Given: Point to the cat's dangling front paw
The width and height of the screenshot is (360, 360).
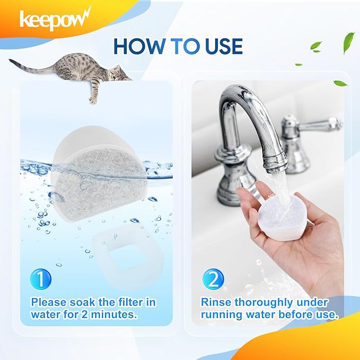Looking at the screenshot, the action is pyautogui.click(x=93, y=100).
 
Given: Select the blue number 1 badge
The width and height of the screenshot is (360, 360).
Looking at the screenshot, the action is pyautogui.click(x=41, y=279).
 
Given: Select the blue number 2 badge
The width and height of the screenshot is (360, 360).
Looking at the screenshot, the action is pyautogui.click(x=213, y=279).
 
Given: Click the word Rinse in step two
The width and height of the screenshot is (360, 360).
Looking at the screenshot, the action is pyautogui.click(x=216, y=302).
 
